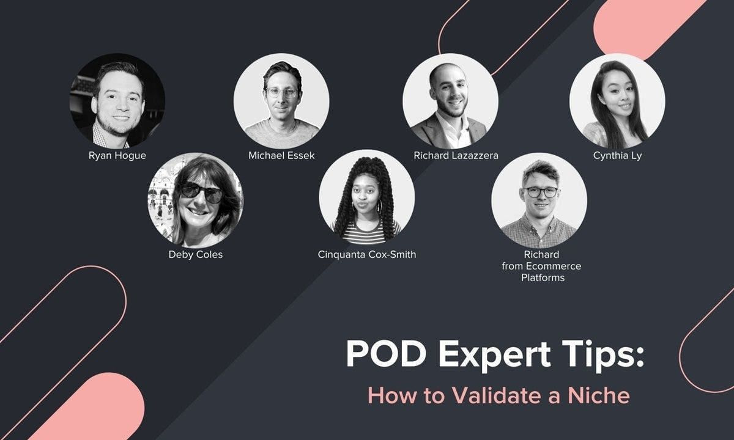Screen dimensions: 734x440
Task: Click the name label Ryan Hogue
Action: pos(117,156)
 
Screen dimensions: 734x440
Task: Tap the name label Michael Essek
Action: pos(281,155)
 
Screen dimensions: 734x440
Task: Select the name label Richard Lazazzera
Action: pos(456,155)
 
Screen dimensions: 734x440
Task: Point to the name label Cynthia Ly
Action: pos(617,156)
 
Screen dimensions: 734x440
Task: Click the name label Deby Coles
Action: pos(196,255)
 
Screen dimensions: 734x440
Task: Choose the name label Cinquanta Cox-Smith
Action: pos(366,254)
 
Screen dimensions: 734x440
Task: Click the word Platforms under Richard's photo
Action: pos(543,277)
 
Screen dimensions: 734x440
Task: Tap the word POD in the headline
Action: pos(386,354)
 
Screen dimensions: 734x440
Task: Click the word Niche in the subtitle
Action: pos(599,395)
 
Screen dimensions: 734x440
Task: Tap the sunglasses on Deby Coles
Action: pos(202,192)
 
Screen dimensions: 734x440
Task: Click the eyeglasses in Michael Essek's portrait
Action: pos(282,92)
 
